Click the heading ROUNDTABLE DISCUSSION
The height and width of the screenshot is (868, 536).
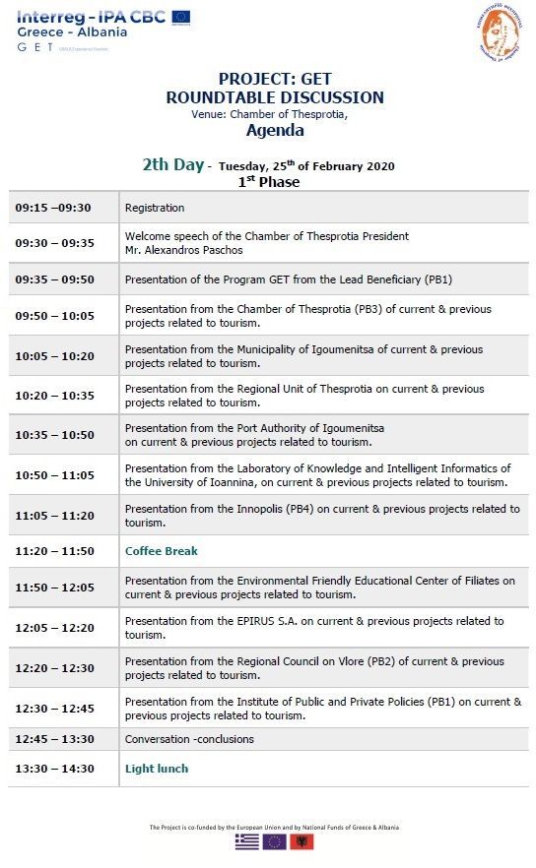(x=275, y=97)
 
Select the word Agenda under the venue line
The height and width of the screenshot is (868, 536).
(x=275, y=130)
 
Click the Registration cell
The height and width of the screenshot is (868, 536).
(x=155, y=208)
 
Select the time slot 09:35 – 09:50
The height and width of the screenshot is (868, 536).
(x=54, y=279)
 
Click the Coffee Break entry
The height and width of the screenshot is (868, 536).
(x=162, y=551)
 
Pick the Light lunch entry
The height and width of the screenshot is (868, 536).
(x=157, y=769)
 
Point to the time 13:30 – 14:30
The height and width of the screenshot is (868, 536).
(x=54, y=769)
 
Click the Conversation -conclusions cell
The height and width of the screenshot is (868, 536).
(x=189, y=739)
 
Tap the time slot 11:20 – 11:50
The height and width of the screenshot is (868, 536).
(x=54, y=551)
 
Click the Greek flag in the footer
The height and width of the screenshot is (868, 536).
(x=247, y=842)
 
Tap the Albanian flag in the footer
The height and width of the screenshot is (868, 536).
(x=302, y=842)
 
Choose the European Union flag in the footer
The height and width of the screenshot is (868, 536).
(x=275, y=842)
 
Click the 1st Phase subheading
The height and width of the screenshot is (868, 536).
(x=268, y=182)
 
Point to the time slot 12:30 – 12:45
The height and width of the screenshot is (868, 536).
(x=54, y=709)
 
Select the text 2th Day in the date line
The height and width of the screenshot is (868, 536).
(x=172, y=164)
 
